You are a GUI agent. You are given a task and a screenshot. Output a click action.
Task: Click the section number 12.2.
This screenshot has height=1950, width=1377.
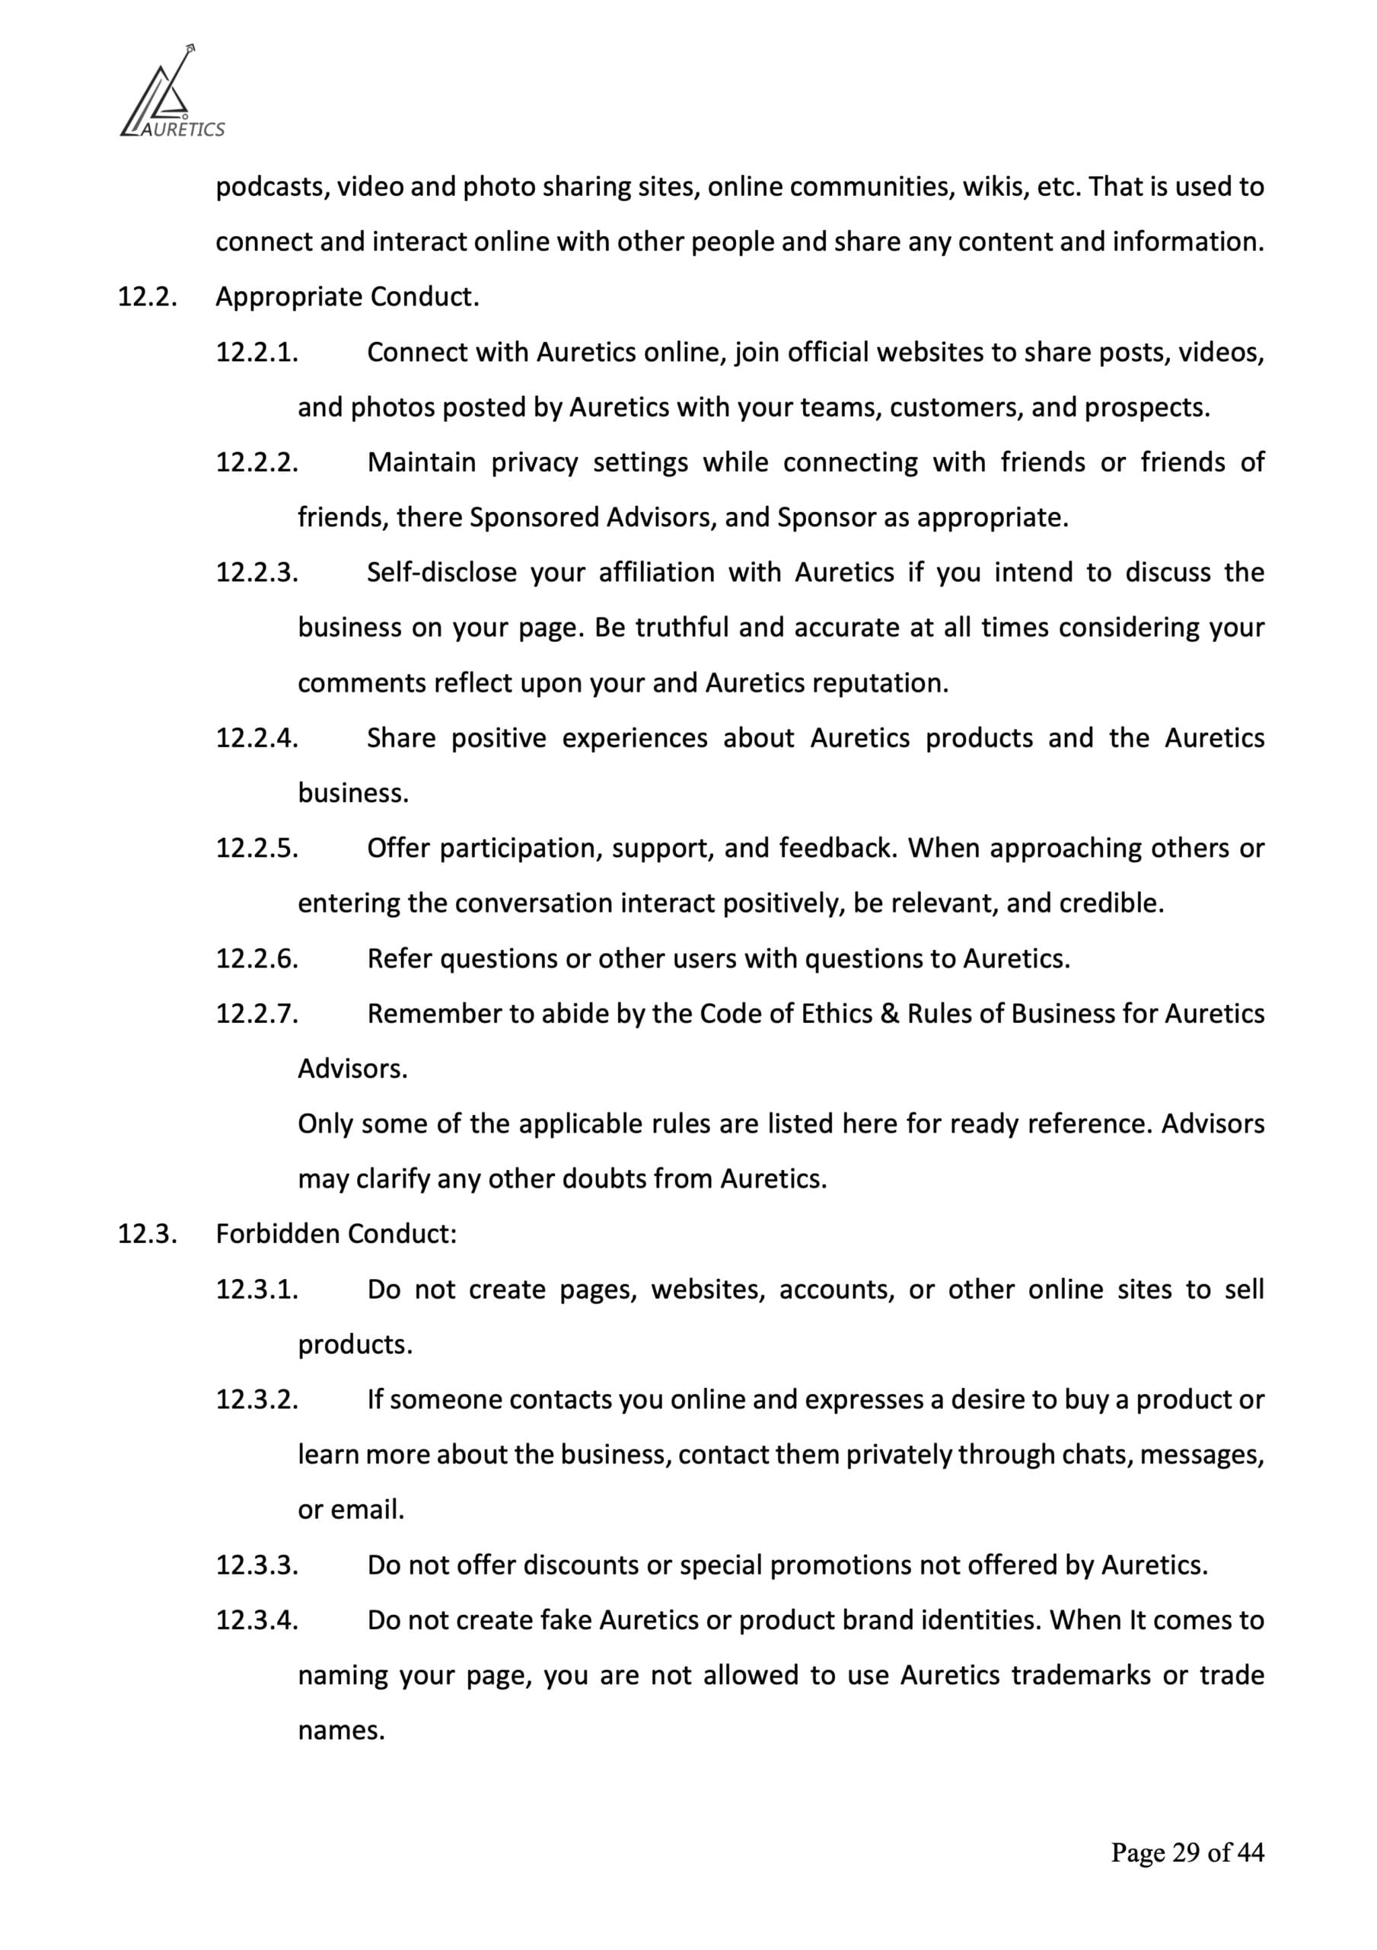(147, 297)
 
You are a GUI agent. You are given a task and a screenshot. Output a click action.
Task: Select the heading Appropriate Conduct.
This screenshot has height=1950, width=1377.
(347, 297)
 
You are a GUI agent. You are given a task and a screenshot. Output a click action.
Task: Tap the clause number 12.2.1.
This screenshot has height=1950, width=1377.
(257, 353)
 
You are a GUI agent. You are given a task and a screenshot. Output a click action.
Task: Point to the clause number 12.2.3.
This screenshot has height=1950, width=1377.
(257, 572)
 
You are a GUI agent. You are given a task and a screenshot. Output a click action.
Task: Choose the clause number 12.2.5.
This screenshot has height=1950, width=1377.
(257, 849)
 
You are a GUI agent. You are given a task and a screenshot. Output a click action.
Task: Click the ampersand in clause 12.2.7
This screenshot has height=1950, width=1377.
(890, 1013)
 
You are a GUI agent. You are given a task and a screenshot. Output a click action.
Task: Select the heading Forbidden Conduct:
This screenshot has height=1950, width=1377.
(336, 1234)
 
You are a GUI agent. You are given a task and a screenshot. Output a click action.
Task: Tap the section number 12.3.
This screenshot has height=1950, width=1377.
(147, 1234)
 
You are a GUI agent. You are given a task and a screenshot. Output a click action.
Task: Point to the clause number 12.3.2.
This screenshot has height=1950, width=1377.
(257, 1399)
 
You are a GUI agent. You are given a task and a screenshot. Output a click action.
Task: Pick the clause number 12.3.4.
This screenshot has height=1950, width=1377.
(257, 1619)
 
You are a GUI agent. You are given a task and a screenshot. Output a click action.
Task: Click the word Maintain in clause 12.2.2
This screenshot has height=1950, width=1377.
(421, 462)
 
